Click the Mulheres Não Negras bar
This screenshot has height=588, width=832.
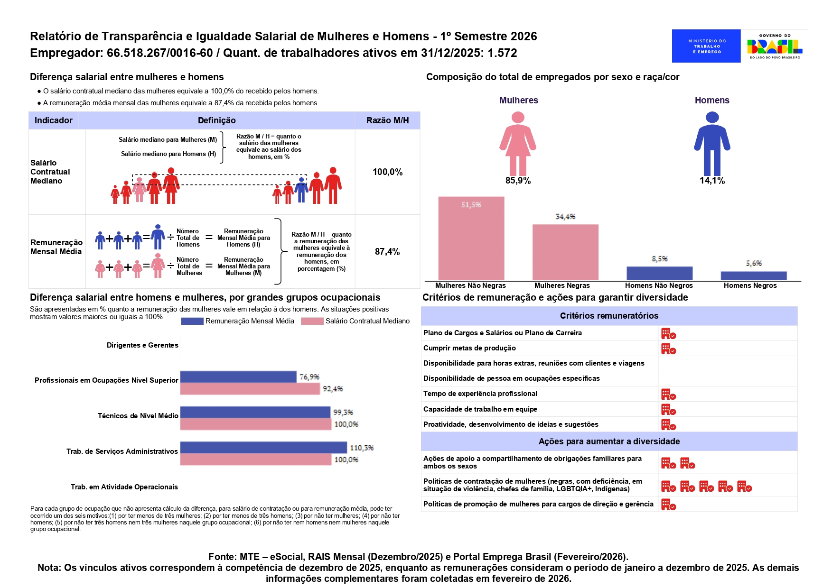[x=471, y=238]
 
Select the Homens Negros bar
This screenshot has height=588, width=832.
[x=753, y=276]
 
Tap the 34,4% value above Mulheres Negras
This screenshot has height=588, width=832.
[x=565, y=217]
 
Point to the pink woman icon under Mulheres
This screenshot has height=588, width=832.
[x=518, y=143]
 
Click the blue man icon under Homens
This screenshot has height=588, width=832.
[x=712, y=143]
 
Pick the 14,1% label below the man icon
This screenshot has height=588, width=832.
[x=712, y=181]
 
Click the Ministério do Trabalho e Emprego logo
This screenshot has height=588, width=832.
[x=706, y=46]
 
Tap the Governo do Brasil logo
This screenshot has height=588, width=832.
[x=775, y=46]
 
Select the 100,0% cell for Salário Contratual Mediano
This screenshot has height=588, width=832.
[x=387, y=172]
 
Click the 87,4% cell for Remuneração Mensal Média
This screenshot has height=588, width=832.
[x=387, y=252]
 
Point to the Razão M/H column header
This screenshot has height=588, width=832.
[x=387, y=120]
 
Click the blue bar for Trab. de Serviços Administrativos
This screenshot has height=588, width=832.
[x=263, y=447]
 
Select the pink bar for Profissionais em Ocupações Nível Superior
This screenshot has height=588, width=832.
[x=250, y=389]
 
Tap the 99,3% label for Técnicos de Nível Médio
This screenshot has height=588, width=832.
[x=343, y=413]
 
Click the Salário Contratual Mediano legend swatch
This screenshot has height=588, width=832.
[x=312, y=322]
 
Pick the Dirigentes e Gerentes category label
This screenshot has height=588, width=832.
[x=142, y=345]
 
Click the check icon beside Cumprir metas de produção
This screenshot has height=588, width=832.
[x=668, y=349]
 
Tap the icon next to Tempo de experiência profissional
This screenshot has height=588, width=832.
[x=668, y=395]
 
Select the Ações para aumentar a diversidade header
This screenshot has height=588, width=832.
[x=609, y=441]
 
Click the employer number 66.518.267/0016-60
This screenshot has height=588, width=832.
[x=159, y=53]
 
